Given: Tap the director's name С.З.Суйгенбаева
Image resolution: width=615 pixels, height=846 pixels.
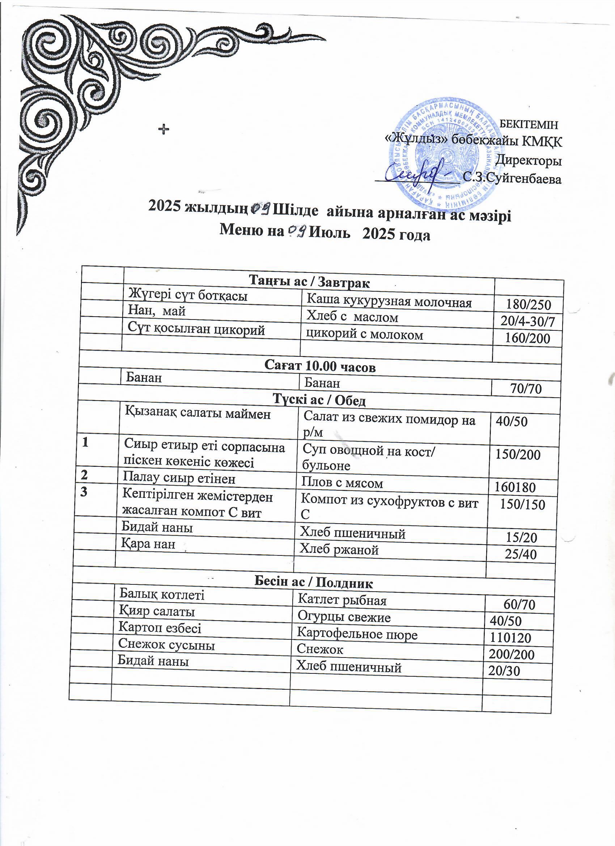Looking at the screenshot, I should click(512, 179).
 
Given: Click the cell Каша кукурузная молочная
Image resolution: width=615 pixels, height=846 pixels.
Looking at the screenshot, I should click(389, 302).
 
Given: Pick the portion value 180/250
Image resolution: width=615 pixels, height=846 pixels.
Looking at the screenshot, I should click(528, 305).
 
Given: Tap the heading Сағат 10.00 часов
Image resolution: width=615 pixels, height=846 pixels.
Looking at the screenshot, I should click(320, 366).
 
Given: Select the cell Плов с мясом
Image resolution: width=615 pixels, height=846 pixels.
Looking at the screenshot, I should click(342, 483).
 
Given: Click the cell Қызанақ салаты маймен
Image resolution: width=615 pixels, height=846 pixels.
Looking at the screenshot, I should click(198, 413).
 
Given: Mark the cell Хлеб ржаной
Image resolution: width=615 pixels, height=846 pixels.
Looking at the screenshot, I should click(339, 549).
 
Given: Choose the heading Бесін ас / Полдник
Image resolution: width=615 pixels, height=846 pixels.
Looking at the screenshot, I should click(314, 582).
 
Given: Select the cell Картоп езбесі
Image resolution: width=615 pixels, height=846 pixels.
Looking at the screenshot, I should click(160, 627).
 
